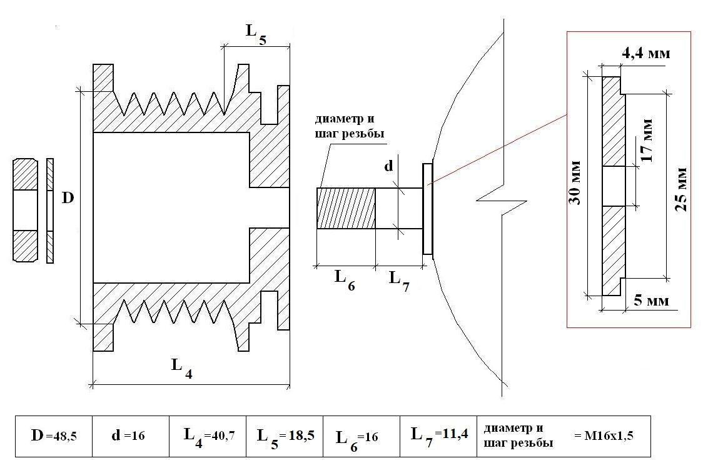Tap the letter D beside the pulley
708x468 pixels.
(68, 198)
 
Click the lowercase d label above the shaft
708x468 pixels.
(388, 167)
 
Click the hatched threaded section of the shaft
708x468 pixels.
(346, 209)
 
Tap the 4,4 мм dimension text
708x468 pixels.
(645, 54)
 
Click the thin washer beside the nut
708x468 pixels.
(50, 211)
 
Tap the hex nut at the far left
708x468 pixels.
(26, 211)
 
